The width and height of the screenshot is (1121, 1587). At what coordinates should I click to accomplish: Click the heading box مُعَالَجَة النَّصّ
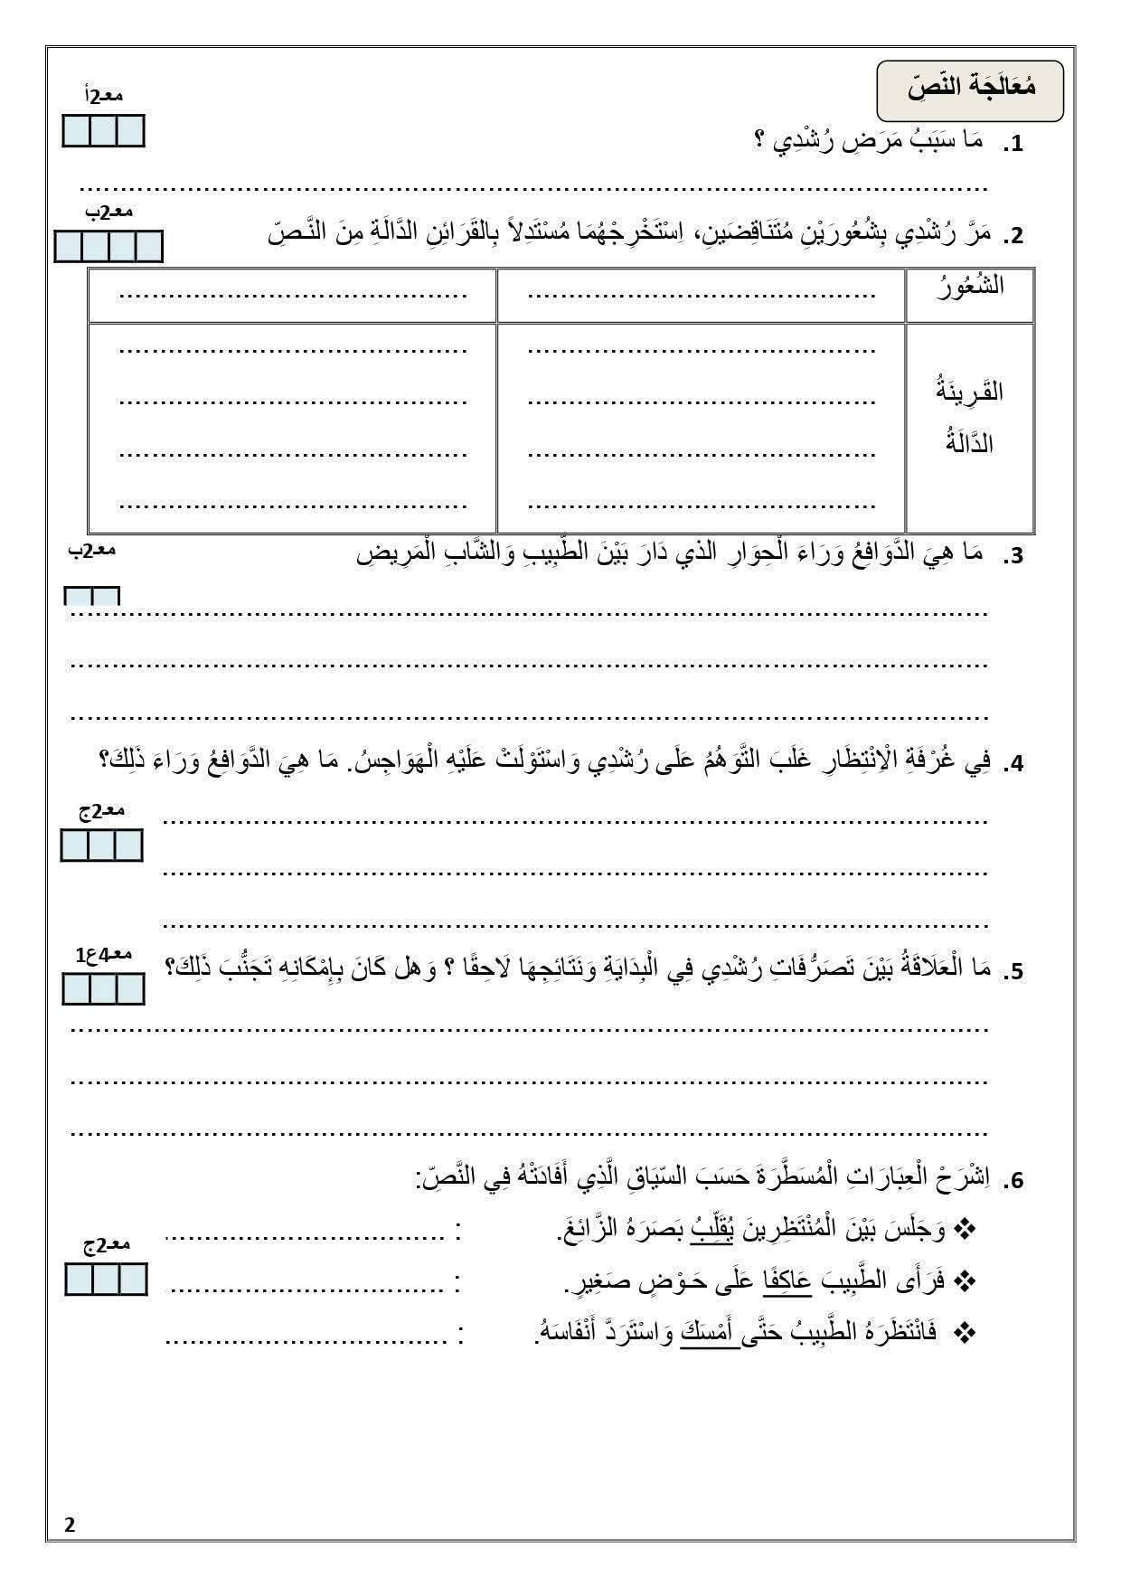(970, 90)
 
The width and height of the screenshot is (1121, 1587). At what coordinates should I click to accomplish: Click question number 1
(1014, 144)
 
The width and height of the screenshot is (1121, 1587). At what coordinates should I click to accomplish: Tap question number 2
(1014, 236)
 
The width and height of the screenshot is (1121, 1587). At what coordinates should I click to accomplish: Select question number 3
(1014, 556)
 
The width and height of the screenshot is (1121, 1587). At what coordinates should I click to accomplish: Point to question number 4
(1014, 764)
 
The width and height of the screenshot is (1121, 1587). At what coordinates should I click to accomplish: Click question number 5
(1014, 972)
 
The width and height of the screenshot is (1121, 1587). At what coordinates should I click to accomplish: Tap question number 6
(1014, 1180)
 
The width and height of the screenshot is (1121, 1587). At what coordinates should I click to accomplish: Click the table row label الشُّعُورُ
(969, 288)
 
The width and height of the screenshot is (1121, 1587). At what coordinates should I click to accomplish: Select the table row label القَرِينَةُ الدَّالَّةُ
(969, 417)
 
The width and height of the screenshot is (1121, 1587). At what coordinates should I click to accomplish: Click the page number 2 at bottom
(71, 1525)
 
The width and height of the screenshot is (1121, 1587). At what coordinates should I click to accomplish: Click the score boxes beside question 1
(103, 131)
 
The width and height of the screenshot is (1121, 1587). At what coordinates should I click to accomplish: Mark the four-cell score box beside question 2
(108, 246)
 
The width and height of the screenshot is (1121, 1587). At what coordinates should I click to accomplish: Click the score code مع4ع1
(104, 955)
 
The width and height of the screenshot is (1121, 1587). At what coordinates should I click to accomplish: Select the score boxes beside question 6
(106, 1279)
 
